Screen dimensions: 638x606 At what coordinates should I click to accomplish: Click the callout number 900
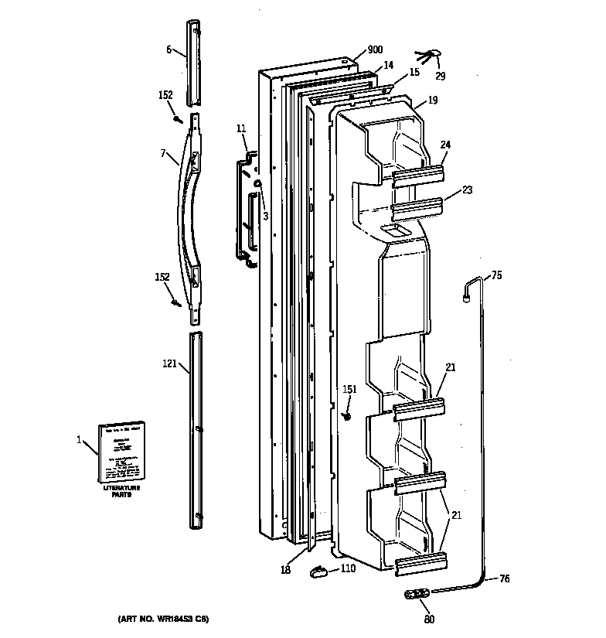click(x=375, y=50)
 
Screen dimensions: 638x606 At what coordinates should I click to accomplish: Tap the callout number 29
click(x=441, y=77)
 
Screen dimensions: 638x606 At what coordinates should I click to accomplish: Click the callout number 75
click(x=496, y=275)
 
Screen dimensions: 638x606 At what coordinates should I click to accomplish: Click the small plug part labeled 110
click(x=316, y=571)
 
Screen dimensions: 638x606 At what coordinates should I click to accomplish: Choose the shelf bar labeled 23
click(x=417, y=208)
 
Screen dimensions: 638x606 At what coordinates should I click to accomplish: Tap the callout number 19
click(x=432, y=100)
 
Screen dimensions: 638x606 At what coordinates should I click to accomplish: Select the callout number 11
click(x=240, y=128)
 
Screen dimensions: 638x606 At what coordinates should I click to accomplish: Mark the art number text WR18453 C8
click(x=164, y=619)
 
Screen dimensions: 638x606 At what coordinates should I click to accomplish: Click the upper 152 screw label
click(x=165, y=95)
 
